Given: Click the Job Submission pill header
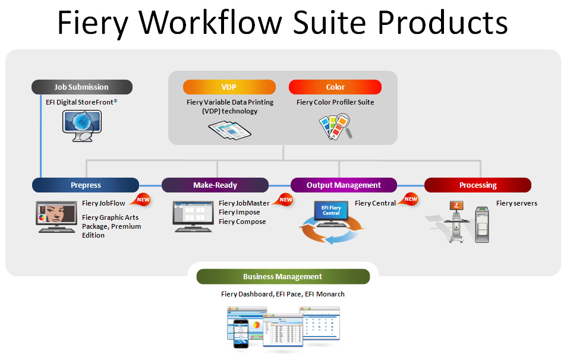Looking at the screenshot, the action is tap(82, 87).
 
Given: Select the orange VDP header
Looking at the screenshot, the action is tap(229, 87).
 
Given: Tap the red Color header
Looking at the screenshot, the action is tap(335, 87).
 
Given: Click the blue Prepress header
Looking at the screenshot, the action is tap(86, 185).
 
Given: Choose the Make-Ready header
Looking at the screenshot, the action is tap(215, 185).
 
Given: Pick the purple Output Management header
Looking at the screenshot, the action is tap(344, 185).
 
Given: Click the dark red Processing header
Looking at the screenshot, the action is tap(478, 185).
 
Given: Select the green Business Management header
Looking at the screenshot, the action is tap(283, 276).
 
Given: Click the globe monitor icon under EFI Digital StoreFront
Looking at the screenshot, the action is tap(82, 126).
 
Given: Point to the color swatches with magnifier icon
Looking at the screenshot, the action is tap(336, 127).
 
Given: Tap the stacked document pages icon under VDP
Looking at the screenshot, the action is tap(229, 131).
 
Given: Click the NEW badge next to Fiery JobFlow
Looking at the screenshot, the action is tap(141, 200).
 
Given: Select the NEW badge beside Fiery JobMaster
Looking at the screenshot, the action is tap(284, 200).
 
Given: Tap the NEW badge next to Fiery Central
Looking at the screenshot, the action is tap(409, 199).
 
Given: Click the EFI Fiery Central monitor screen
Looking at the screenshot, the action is tap(331, 211).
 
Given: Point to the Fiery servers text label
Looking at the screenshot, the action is tap(516, 203).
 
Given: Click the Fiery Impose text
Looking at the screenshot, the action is tap(240, 212).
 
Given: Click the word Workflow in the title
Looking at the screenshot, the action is tap(210, 23).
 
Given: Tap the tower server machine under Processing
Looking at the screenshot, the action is tap(482, 225).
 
